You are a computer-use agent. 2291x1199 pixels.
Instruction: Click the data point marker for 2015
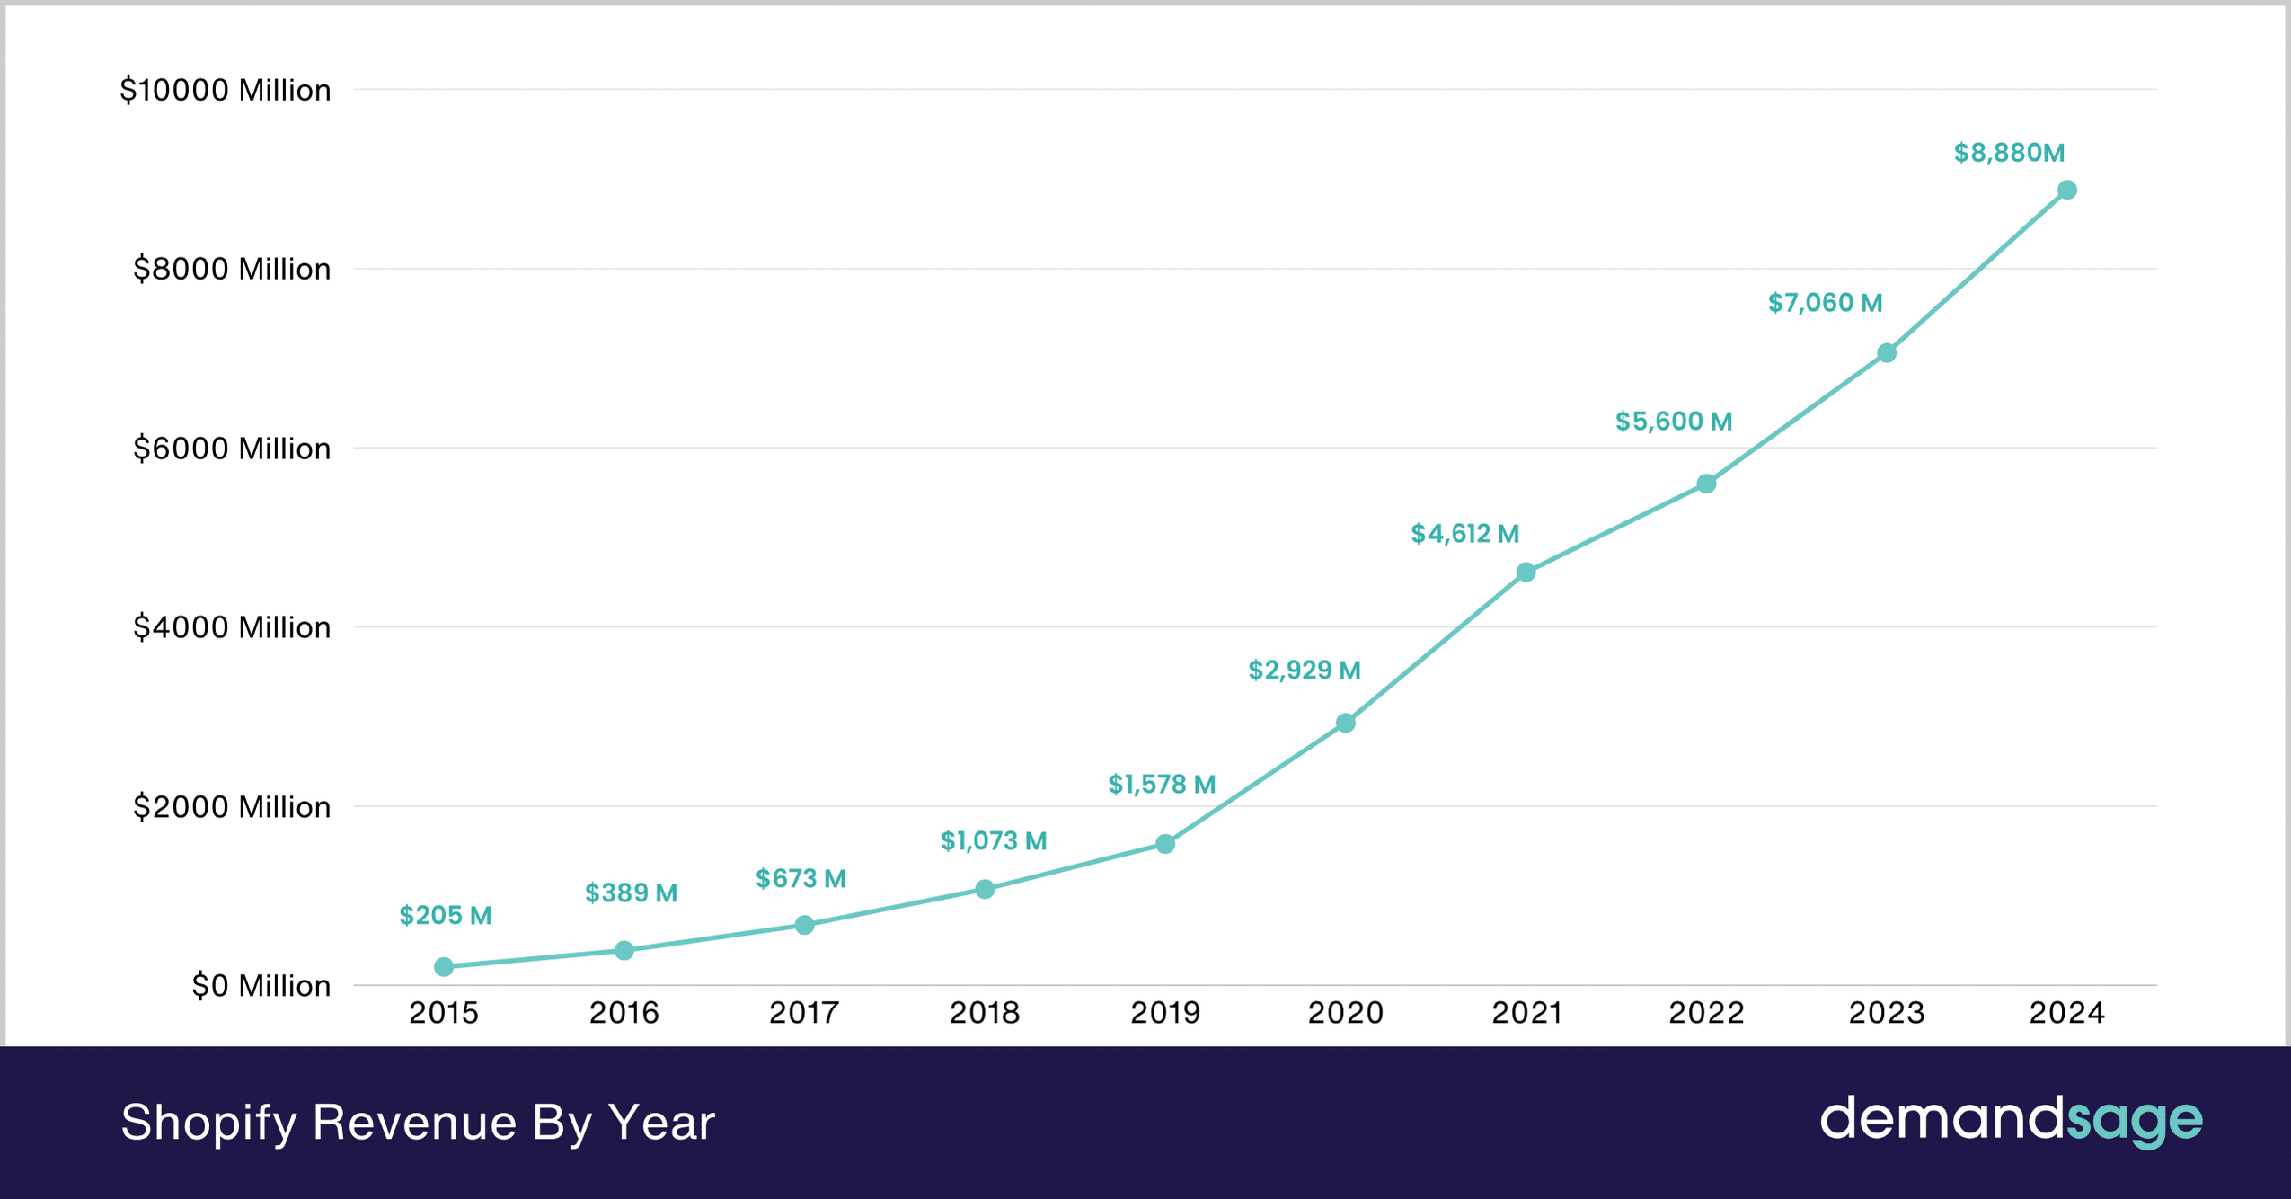(444, 967)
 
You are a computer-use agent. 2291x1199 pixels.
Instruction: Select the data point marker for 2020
(1345, 724)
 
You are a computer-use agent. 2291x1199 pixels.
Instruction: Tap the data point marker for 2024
(2066, 191)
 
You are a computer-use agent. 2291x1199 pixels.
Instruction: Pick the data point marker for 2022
(1706, 484)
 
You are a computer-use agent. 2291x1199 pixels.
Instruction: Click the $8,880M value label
(2009, 154)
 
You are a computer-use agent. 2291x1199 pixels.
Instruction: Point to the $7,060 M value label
(1825, 303)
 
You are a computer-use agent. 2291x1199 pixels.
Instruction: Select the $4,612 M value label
(1464, 534)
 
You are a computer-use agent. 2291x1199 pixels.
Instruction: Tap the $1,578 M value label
(1162, 785)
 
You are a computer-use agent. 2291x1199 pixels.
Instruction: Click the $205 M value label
(446, 916)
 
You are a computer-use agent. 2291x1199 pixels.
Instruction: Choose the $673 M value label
(801, 879)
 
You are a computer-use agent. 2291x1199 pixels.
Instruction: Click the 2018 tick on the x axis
(985, 1013)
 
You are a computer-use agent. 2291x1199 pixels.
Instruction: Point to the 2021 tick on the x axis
(1526, 1013)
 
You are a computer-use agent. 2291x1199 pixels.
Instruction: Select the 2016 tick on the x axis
(624, 1013)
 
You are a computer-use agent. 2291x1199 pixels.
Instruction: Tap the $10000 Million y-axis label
(226, 91)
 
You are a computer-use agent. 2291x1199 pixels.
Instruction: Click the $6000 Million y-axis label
(232, 449)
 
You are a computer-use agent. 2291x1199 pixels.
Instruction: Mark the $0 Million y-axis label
(261, 986)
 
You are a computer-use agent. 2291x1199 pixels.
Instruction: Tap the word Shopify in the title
(208, 1124)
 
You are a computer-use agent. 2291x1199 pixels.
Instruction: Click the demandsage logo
(2011, 1121)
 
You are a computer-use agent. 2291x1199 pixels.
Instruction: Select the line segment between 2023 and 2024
(1977, 271)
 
